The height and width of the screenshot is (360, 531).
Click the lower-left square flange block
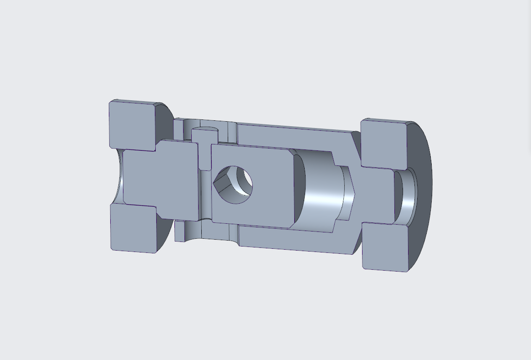pyautogui.click(x=133, y=227)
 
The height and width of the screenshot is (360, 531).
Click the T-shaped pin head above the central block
pyautogui.click(x=205, y=137)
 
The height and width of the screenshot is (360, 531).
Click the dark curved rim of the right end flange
pyautogui.click(x=421, y=196)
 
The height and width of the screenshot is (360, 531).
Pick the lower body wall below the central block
pyautogui.click(x=291, y=239)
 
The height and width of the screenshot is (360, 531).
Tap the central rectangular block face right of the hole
pyautogui.click(x=273, y=187)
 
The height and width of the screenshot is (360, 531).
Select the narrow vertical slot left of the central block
pyautogui.click(x=205, y=191)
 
